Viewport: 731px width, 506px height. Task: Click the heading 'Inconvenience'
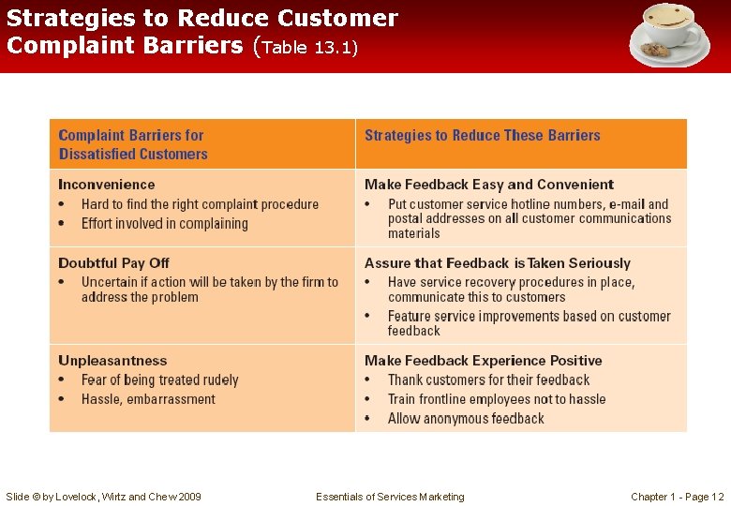pos(106,185)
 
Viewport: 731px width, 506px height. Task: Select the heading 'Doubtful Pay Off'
pos(113,263)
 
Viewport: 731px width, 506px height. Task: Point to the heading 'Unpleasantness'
pos(112,361)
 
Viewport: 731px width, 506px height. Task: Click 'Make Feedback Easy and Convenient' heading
pos(488,185)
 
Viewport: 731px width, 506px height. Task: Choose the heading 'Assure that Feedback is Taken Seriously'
pos(497,263)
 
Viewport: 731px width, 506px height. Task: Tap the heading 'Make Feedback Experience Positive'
pos(483,361)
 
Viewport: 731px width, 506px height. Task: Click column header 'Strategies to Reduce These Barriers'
pos(482,136)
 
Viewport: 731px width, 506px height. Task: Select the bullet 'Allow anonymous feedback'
pos(466,419)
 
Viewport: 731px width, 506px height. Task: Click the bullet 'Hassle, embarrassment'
pos(148,399)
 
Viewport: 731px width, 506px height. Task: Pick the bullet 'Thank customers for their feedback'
pos(488,380)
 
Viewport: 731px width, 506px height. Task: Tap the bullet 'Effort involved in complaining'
pos(164,224)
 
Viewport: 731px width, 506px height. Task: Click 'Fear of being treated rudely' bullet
pos(159,380)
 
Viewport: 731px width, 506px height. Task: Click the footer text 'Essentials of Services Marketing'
pos(390,497)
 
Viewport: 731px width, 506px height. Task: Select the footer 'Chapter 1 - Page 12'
pos(677,497)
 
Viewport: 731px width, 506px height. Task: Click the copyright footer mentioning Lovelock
pos(103,497)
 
